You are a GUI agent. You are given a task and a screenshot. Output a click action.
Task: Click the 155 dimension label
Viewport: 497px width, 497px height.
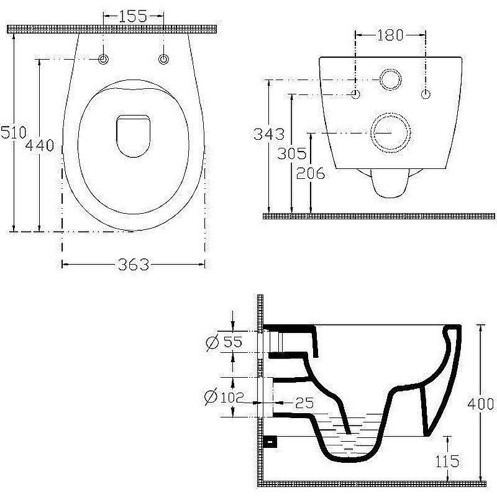pyautogui.click(x=133, y=16)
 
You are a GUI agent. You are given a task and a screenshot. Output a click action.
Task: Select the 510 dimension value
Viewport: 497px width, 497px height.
pyautogui.click(x=13, y=132)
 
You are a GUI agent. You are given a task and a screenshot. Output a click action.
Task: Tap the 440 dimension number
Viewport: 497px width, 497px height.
pyautogui.click(x=40, y=145)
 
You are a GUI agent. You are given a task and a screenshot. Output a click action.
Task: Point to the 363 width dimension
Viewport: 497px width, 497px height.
pyautogui.click(x=134, y=265)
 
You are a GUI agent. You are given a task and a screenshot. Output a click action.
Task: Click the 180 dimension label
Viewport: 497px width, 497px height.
pyautogui.click(x=390, y=35)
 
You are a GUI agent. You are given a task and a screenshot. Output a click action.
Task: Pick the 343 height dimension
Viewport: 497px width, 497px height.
pyautogui.click(x=269, y=134)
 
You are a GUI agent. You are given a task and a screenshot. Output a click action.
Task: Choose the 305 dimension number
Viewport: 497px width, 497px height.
pyautogui.click(x=292, y=153)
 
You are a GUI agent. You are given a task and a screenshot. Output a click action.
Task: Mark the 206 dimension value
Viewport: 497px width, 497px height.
pyautogui.click(x=311, y=173)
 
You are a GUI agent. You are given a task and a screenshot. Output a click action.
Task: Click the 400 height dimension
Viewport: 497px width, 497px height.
pyautogui.click(x=481, y=404)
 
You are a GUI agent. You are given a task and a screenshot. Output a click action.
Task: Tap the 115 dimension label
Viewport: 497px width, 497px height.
pyautogui.click(x=447, y=461)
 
